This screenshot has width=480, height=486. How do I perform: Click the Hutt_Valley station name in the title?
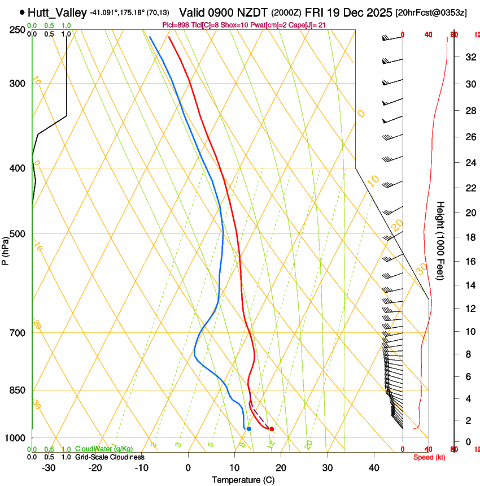coord(57,12)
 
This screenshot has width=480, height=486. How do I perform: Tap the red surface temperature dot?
coord(272,429)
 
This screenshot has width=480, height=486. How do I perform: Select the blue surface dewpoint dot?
coord(248,429)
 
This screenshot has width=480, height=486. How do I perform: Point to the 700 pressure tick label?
coord(18,332)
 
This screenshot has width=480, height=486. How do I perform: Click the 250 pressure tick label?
coord(18,29)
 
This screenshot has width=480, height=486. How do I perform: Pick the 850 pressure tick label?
coord(18,390)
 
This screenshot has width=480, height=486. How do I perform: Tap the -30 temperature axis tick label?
coord(49,467)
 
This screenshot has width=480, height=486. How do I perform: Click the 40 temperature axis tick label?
coord(374,467)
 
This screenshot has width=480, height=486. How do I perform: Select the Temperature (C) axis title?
coord(243,480)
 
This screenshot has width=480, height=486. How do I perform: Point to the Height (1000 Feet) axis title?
coord(441,241)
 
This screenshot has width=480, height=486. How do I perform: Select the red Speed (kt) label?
coord(429,457)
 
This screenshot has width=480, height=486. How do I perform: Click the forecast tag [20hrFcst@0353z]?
coord(431,12)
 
